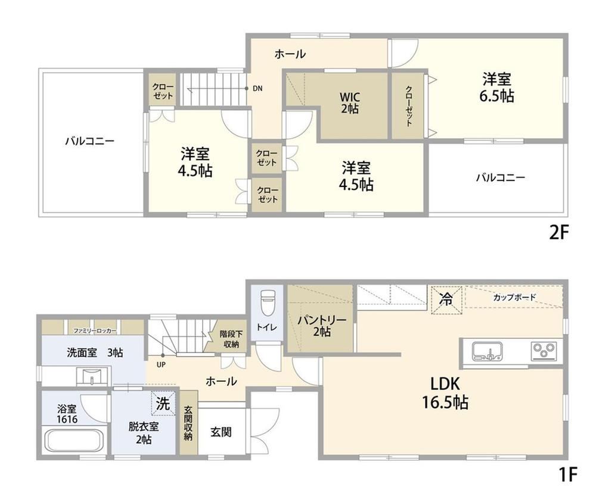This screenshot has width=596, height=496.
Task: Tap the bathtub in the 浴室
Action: pos(74,440)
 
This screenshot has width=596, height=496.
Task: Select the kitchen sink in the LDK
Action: pos(488,351)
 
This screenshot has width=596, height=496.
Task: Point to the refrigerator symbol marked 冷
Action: pos(446,300)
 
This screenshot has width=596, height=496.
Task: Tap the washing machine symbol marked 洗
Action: pos(163,403)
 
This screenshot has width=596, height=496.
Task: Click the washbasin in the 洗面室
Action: pos(92,376)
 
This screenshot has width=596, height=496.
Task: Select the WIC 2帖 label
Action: pos(349,102)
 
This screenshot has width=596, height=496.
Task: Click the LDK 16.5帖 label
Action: pos(445,393)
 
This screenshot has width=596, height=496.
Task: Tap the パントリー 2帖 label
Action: pos(322,326)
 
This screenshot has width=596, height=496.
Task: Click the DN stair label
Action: pos(257,89)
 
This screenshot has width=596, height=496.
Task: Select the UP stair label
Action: pos(162,364)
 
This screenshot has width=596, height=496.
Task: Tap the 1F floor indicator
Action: pos(568,475)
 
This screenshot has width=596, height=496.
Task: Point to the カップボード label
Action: pos(514,297)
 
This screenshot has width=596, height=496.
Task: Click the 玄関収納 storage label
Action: pos(188,423)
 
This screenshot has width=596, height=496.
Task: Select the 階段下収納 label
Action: pos(230,339)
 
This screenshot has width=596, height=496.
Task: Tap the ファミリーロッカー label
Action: pos(95,331)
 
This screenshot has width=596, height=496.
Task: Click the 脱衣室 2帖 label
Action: pos(143,432)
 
